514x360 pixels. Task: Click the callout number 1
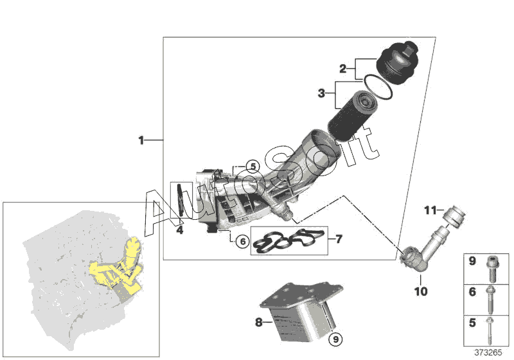(142, 139)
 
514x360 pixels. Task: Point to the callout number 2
(343, 67)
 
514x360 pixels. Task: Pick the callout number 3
(321, 94)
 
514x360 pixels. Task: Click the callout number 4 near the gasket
(181, 229)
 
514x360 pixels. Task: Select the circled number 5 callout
(253, 166)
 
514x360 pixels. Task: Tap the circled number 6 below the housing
(242, 242)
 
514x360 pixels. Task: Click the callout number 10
(420, 291)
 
